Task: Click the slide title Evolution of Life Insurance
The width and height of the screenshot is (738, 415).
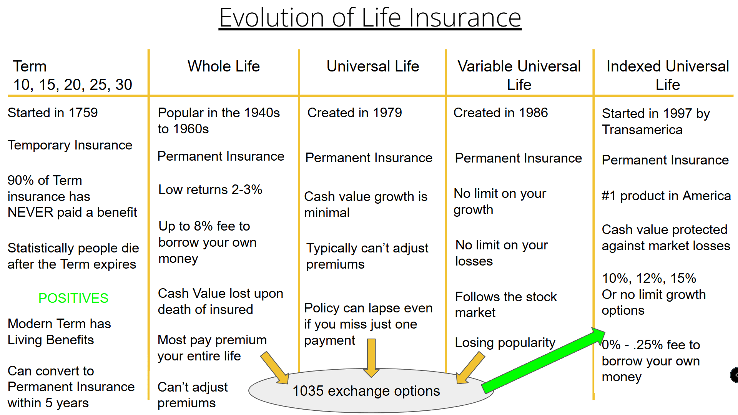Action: (x=370, y=18)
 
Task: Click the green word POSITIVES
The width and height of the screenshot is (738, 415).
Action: (x=73, y=298)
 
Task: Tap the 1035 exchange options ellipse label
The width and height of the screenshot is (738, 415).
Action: (x=366, y=391)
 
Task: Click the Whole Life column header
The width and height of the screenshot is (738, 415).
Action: (x=223, y=66)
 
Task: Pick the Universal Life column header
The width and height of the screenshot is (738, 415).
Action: (x=372, y=66)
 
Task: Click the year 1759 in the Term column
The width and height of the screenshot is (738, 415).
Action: (x=83, y=113)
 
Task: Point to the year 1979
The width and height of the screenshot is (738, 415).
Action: (x=387, y=113)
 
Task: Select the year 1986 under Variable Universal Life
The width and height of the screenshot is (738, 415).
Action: (x=533, y=113)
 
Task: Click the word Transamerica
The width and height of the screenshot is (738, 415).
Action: (x=642, y=130)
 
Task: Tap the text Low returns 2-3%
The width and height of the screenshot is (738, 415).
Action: (x=210, y=190)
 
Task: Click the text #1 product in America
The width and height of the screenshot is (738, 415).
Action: (x=666, y=196)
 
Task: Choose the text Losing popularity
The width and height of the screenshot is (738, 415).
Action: (x=505, y=343)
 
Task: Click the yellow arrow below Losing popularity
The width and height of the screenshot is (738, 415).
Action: (x=470, y=368)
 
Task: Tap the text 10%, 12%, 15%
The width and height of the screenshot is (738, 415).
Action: (x=649, y=279)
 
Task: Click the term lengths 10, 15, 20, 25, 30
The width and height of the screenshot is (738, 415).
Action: (x=73, y=85)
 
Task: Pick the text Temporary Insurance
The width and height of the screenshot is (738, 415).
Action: (x=70, y=145)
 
